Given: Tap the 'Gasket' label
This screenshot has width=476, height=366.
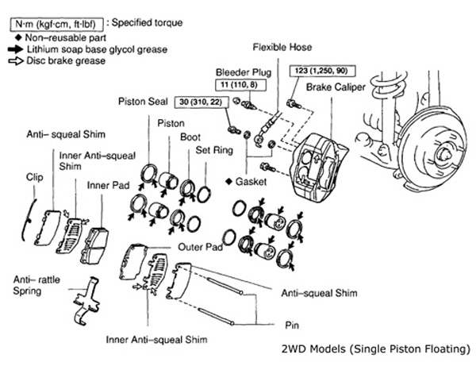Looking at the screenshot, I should tap(254, 182).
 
